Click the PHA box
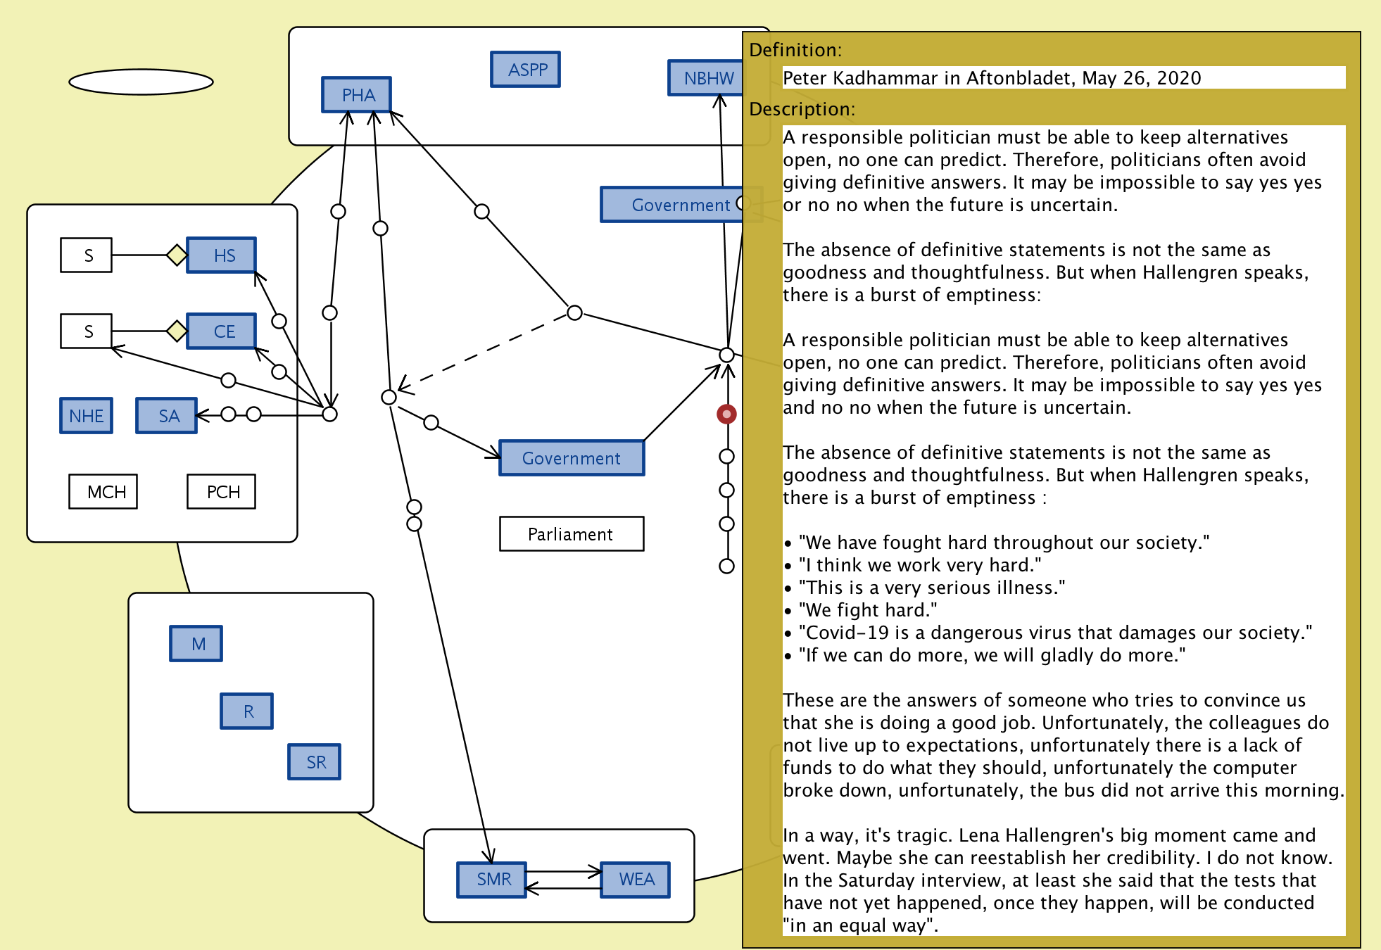(x=356, y=95)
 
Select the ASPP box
(x=525, y=70)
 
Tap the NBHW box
(x=706, y=78)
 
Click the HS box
(x=222, y=255)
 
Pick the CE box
(x=222, y=331)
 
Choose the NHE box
(x=86, y=416)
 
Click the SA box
(x=167, y=416)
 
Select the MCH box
(x=103, y=492)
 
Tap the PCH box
(x=222, y=492)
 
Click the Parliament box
(x=571, y=534)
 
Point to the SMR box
(x=492, y=880)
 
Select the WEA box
(x=636, y=880)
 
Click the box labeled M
(x=196, y=644)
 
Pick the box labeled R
(x=247, y=711)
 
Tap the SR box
(x=315, y=762)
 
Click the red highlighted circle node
(x=726, y=414)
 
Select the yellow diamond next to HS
(x=177, y=255)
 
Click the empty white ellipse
(x=141, y=82)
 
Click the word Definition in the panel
(x=794, y=50)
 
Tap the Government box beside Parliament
(x=571, y=458)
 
